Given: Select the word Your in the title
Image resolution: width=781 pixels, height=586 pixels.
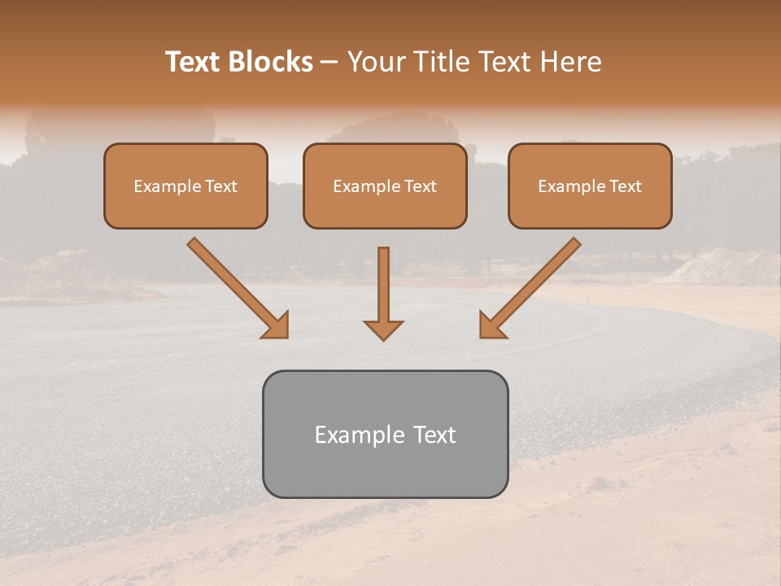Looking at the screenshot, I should tap(377, 62).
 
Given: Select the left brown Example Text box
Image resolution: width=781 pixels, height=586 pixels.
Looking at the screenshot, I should tap(185, 186).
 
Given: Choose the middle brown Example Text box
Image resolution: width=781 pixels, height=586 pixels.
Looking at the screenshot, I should tap(385, 186).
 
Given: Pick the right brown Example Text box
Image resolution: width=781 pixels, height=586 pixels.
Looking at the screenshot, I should tap(590, 186).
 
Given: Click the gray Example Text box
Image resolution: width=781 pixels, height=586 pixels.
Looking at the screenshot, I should tap(385, 434).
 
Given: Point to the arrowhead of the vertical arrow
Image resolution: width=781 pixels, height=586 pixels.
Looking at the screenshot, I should tap(383, 330).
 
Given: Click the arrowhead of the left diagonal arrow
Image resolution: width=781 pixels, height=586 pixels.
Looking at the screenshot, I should tap(277, 326).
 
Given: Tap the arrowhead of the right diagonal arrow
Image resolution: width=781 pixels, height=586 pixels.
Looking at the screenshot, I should tap(491, 326).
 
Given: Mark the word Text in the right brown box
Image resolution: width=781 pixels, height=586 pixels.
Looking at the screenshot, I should tap(626, 186).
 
